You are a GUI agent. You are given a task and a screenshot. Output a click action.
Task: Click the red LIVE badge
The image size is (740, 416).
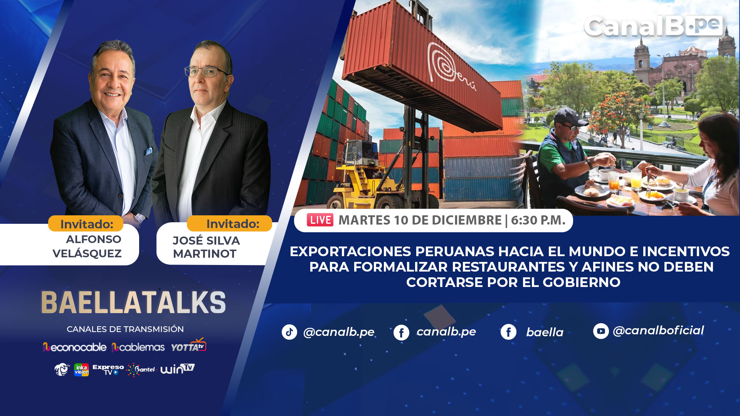point(320,220)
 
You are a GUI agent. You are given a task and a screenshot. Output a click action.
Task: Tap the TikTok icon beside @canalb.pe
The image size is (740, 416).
point(289,332)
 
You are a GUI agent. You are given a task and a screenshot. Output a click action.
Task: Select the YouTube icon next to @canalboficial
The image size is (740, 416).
point(601,331)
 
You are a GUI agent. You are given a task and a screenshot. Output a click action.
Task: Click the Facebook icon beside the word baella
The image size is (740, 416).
point(508,332)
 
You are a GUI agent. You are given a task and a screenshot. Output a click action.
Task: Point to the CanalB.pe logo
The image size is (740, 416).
point(653,26)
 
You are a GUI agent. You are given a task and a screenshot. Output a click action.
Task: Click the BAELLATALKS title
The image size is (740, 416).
point(133,302)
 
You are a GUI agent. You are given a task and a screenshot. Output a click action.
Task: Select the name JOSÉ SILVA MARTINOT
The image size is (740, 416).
point(206,247)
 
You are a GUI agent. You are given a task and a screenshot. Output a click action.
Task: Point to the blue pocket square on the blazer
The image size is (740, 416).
point(148,151)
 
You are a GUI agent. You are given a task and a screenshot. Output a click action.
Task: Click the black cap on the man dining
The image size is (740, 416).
point(569,117)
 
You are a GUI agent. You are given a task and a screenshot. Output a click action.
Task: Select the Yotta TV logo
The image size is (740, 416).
point(189,345)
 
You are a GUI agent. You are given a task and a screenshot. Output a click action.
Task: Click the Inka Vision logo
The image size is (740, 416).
point(81,370)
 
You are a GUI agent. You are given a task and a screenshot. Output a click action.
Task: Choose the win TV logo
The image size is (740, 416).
point(177,369)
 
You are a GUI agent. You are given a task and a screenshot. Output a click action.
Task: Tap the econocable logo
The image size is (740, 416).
point(74,347)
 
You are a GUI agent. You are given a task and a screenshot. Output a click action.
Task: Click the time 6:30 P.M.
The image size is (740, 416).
point(538,220)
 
